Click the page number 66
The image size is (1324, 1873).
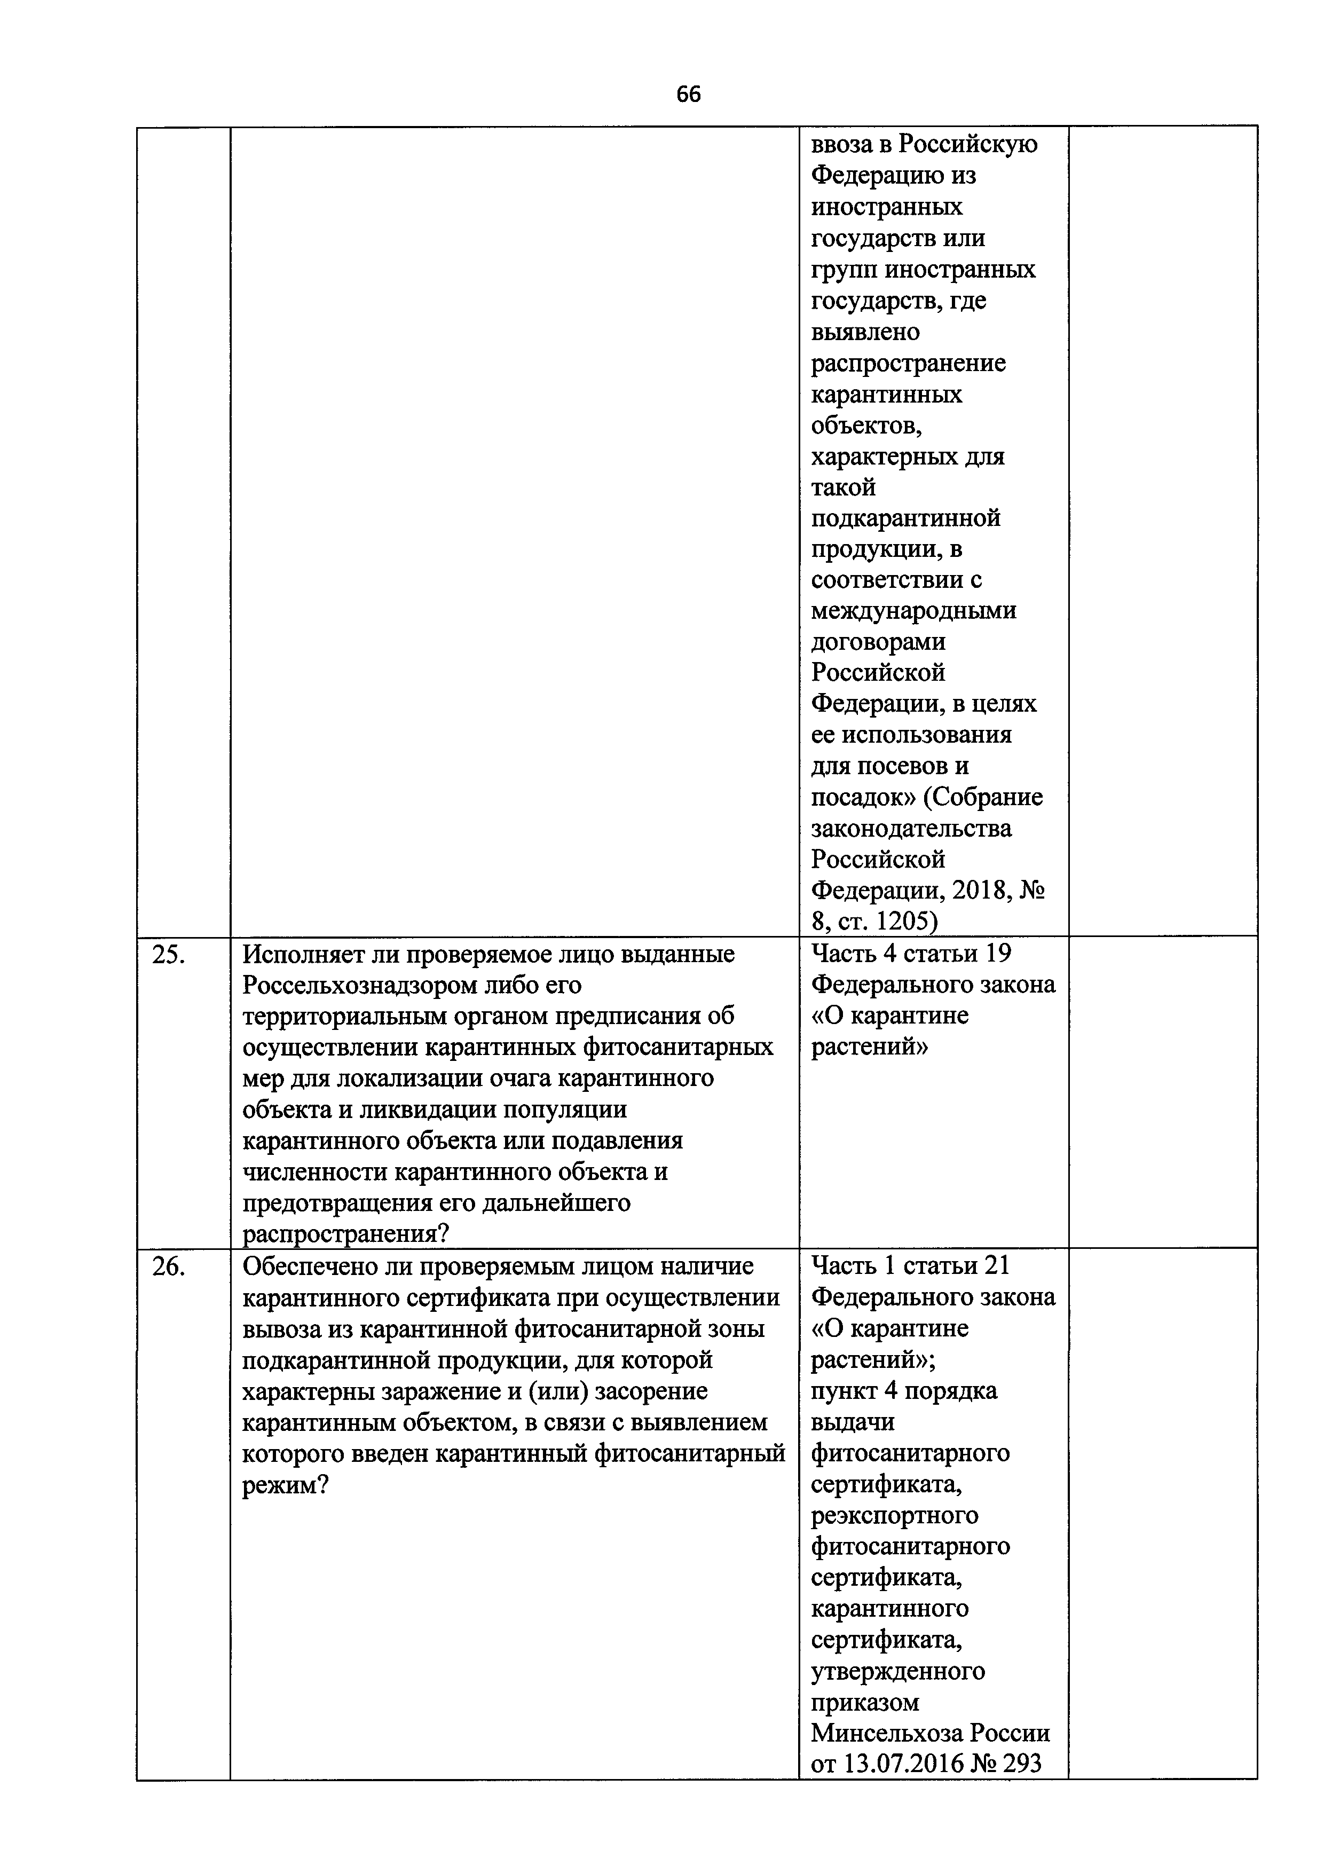point(688,95)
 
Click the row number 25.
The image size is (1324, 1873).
point(169,955)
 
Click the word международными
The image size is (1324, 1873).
point(913,610)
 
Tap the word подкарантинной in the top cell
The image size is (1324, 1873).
point(905,517)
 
